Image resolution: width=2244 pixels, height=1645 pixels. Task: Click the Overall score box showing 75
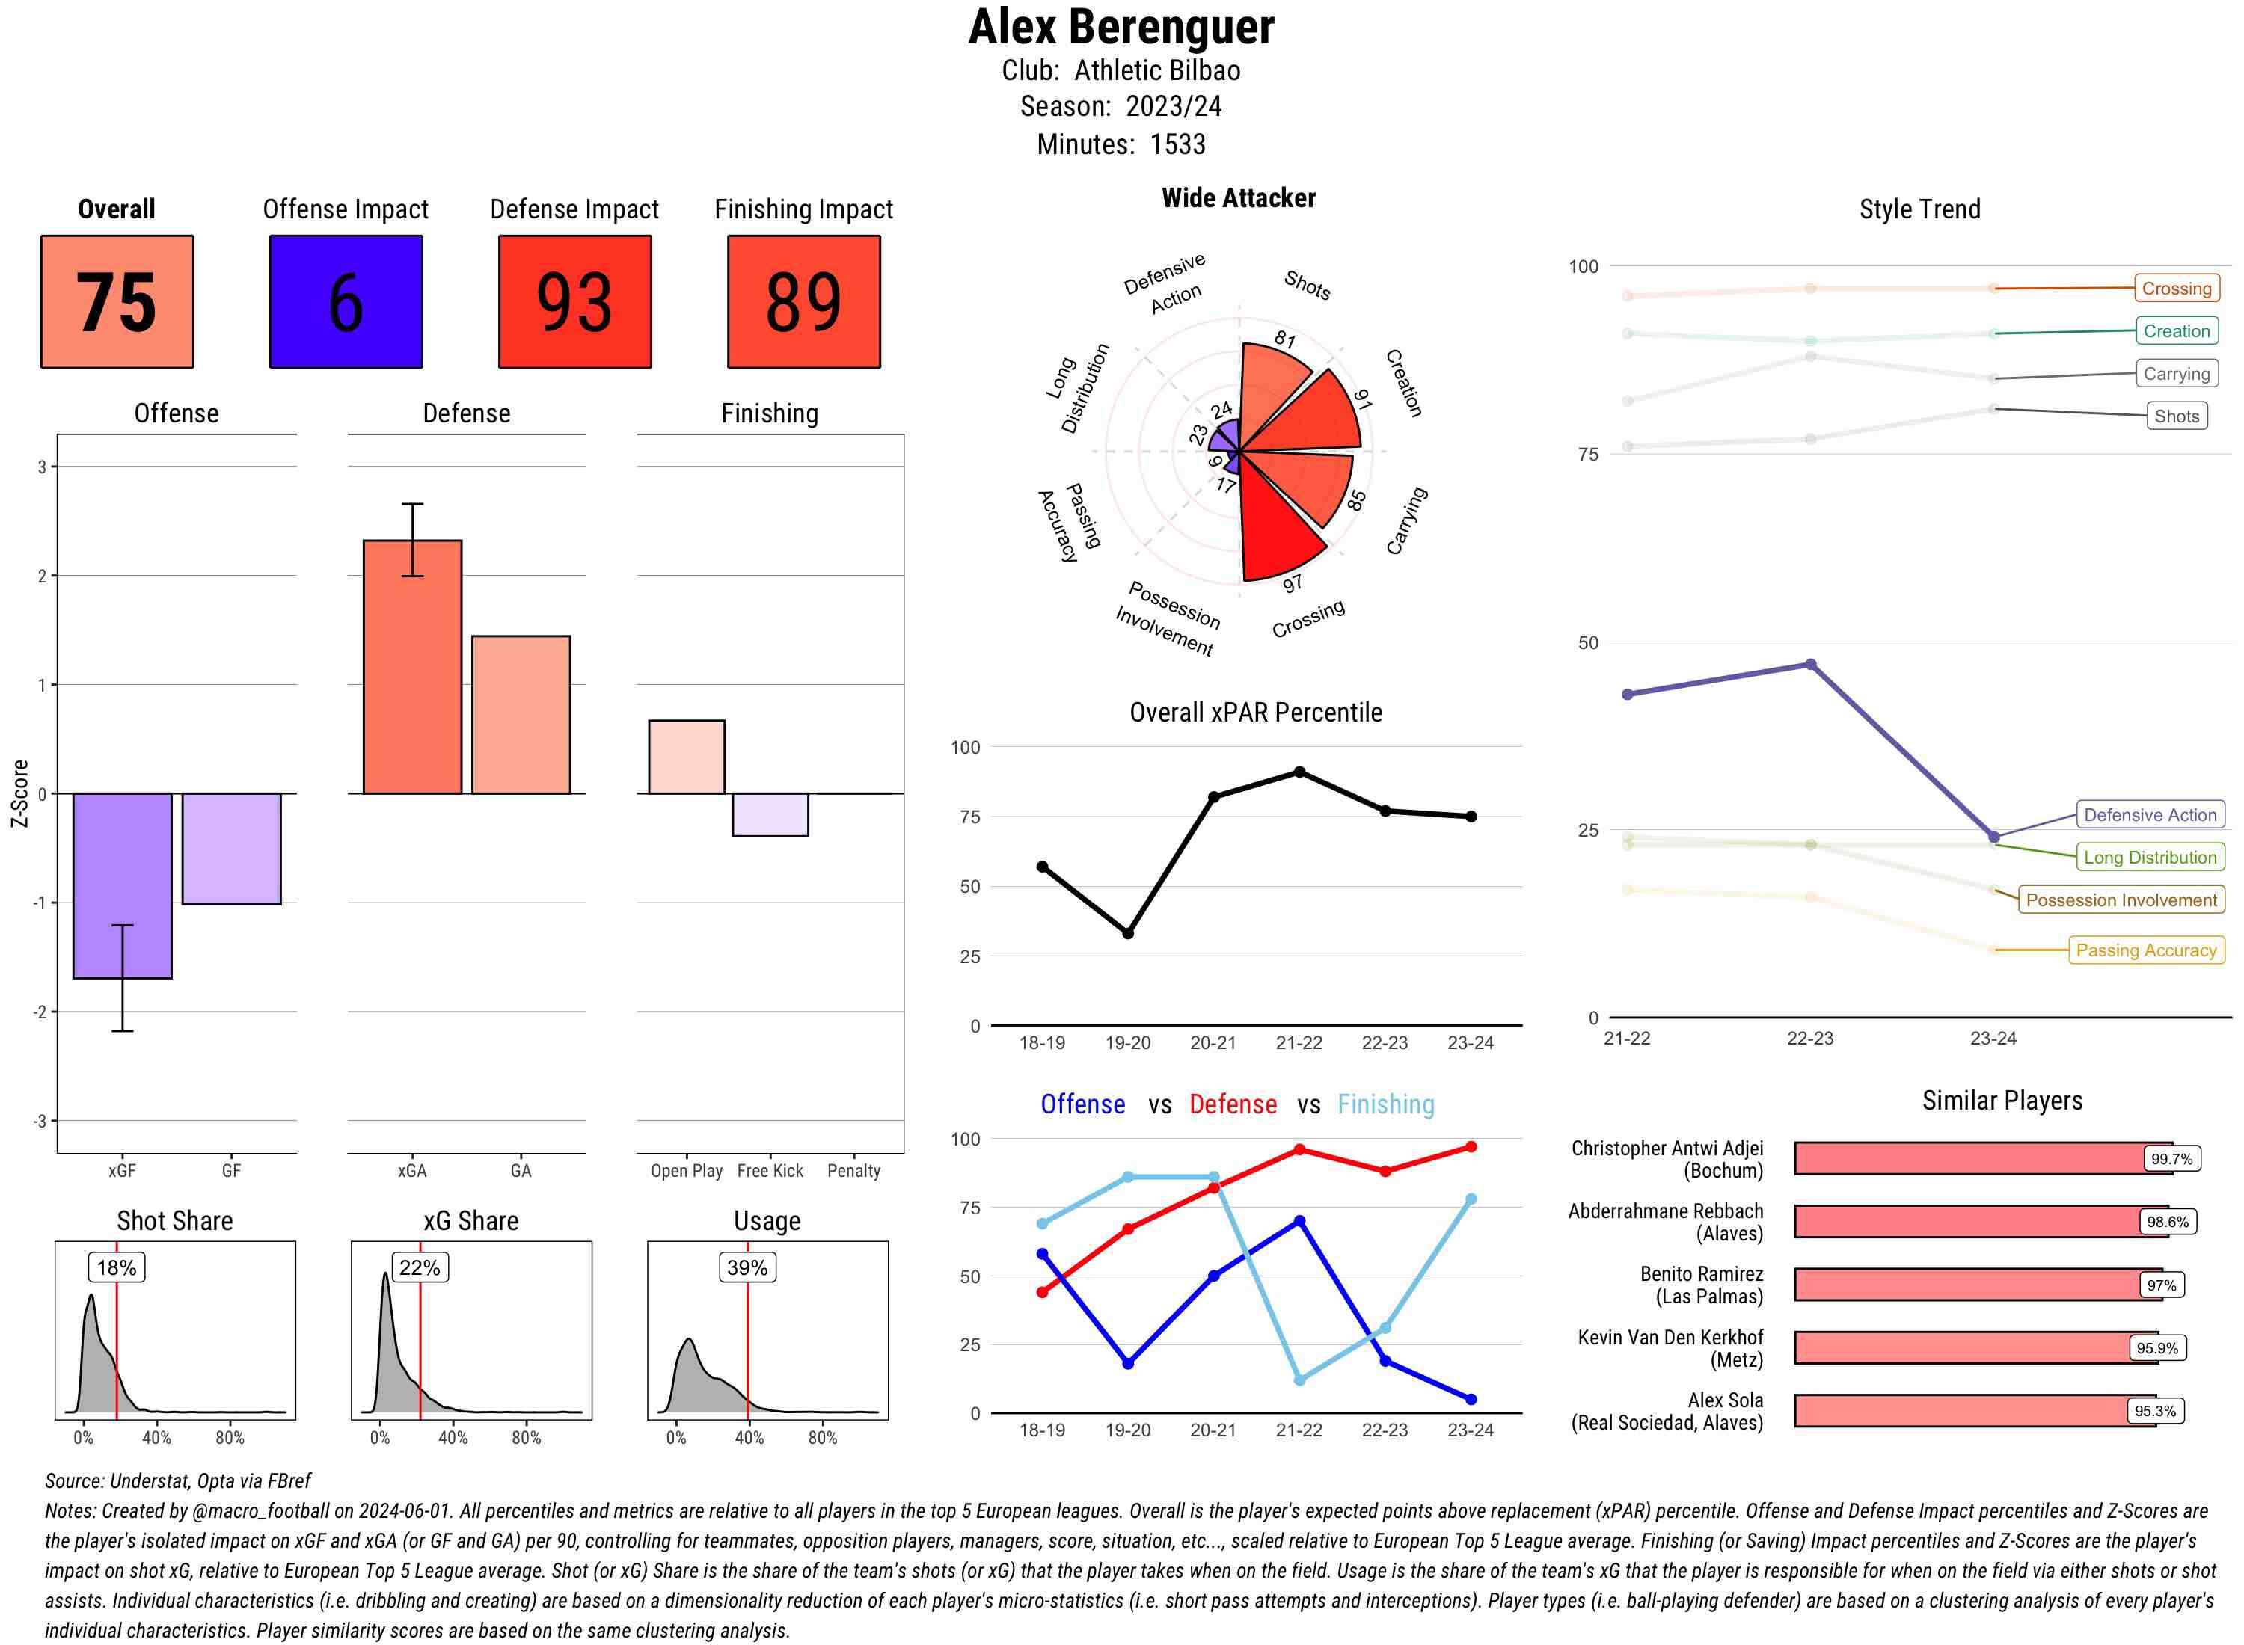click(117, 302)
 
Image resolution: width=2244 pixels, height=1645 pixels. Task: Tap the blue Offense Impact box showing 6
click(346, 302)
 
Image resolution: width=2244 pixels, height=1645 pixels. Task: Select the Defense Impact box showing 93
click(574, 302)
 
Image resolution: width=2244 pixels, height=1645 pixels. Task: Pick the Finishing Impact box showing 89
click(804, 302)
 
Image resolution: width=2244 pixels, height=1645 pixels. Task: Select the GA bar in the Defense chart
click(521, 714)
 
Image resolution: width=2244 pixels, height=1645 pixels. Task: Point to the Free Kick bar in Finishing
click(770, 814)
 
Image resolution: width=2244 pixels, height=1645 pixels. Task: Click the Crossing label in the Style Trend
click(2175, 289)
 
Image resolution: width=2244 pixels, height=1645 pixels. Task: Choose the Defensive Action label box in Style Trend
click(2150, 814)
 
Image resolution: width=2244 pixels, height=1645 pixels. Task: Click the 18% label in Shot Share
click(117, 1267)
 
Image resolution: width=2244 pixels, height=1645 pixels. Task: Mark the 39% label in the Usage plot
click(747, 1267)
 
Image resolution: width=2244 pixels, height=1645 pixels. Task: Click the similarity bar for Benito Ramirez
click(1967, 1285)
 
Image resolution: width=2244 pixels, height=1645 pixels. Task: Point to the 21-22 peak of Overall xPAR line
click(1299, 772)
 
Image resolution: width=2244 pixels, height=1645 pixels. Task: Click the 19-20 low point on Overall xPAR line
click(1127, 933)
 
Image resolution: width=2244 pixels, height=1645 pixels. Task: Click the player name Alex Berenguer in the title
click(1121, 27)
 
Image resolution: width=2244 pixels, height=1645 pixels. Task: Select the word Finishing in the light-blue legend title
click(1385, 1104)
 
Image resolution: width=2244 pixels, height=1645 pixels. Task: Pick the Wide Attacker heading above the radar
click(1238, 198)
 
